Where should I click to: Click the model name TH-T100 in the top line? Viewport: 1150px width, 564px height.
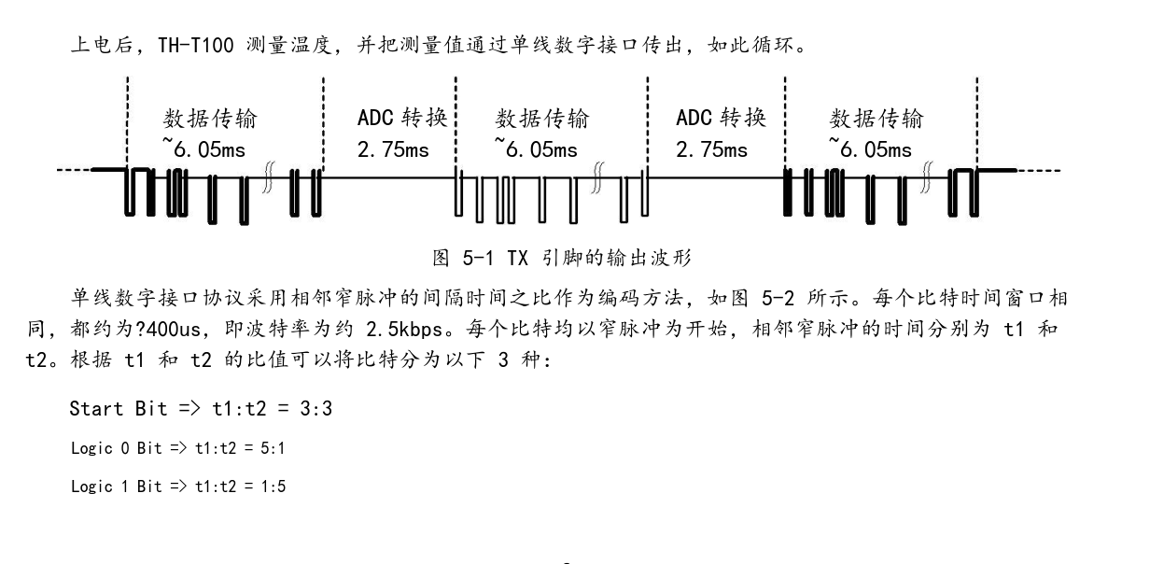196,45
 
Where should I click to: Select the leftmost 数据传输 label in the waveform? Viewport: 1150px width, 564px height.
210,119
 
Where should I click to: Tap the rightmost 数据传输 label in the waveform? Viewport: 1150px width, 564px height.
877,119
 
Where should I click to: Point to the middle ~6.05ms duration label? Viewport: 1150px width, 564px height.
536,148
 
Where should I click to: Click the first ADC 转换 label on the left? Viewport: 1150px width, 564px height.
402,118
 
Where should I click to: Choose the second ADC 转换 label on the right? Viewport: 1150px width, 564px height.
722,118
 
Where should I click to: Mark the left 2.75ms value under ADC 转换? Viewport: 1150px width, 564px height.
393,150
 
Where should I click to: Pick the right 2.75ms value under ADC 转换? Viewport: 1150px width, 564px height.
711,150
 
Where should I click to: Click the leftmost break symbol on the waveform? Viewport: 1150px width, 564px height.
268,177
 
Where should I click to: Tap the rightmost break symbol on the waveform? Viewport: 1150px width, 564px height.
927,177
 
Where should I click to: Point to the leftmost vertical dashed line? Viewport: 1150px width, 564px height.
127,122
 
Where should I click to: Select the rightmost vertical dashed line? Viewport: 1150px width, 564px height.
977,122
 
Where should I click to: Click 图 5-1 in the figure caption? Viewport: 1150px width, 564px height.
463,258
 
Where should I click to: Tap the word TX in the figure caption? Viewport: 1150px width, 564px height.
517,258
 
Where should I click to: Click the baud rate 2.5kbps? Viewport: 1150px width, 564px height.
404,329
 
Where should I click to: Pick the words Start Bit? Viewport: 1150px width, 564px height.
119,409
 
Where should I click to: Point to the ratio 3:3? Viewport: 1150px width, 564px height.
316,409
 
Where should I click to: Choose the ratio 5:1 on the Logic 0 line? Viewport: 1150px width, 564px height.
273,448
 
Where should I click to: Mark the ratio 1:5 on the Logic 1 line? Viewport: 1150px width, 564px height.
273,486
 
